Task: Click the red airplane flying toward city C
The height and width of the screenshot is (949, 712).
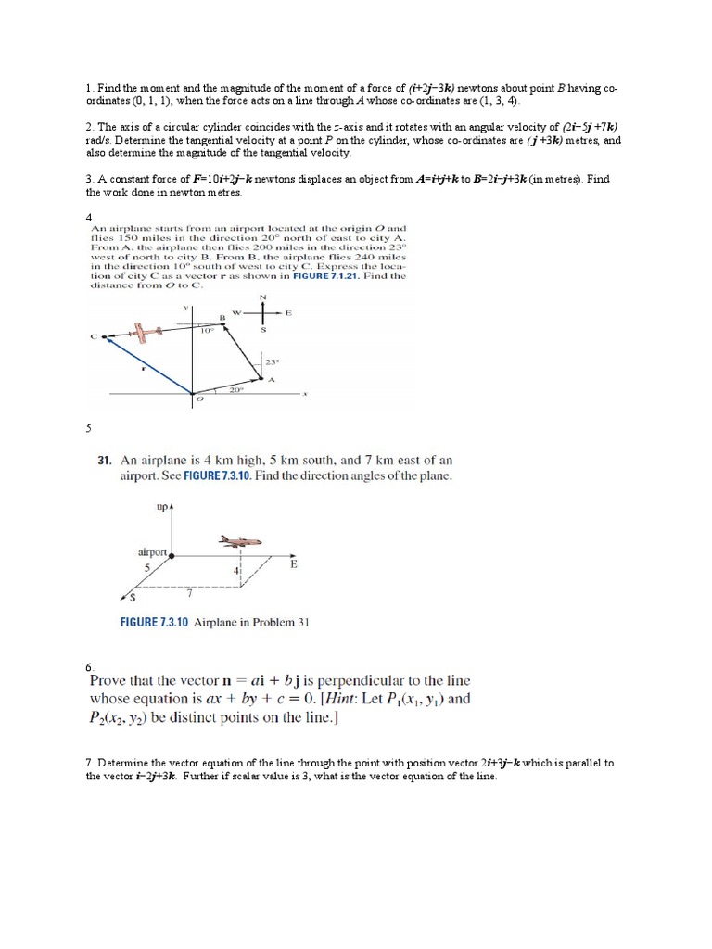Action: coord(144,331)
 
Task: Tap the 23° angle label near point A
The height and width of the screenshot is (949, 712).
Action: coord(272,362)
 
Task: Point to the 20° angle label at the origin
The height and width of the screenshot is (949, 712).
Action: coord(235,390)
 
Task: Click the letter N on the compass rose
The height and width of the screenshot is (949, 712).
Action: coord(262,297)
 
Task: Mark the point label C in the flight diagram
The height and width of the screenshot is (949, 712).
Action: coord(93,337)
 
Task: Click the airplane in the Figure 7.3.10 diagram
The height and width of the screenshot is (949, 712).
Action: coord(240,541)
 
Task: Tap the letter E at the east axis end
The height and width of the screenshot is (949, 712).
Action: coord(293,563)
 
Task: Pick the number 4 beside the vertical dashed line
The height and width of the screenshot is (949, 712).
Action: coord(235,571)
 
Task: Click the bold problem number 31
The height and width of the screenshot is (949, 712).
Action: coord(106,460)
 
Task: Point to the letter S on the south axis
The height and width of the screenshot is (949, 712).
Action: coord(133,597)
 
